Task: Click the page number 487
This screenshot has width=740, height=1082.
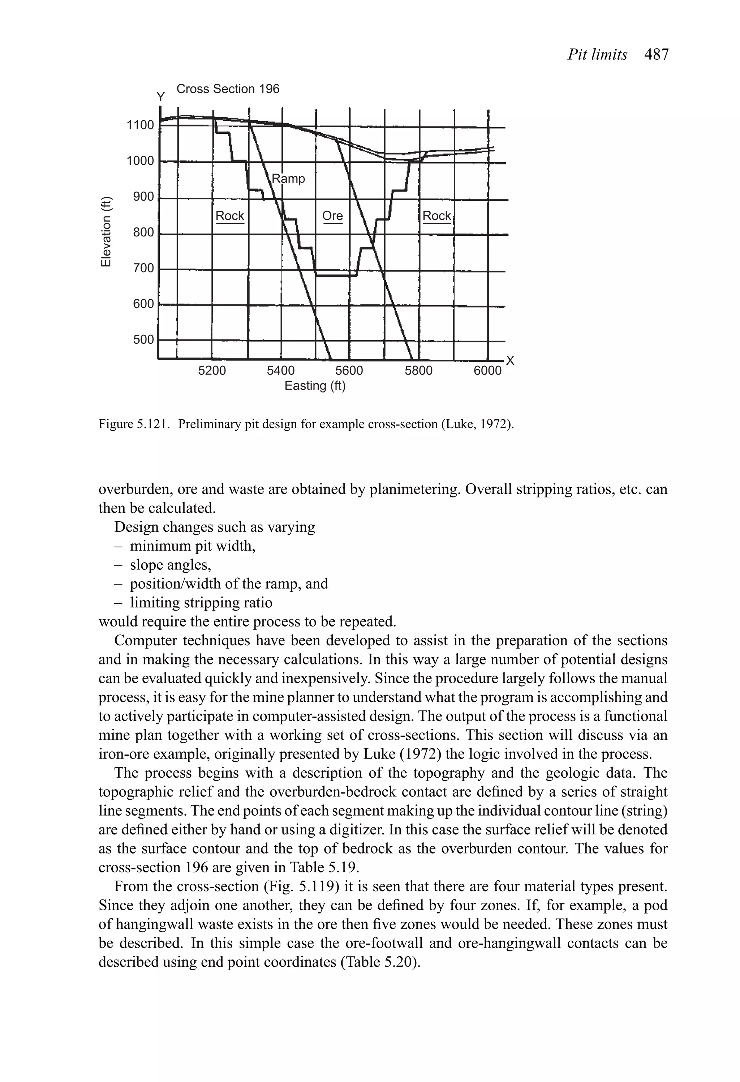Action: [x=656, y=55]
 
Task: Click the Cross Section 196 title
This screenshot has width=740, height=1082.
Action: [x=228, y=89]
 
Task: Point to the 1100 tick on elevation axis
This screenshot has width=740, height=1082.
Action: [x=140, y=125]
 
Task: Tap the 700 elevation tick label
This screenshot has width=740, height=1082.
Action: [x=143, y=268]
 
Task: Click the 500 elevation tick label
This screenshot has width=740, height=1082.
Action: [x=143, y=339]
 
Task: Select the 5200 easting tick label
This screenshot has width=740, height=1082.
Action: [x=212, y=371]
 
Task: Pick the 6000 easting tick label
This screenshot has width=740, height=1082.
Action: [x=487, y=371]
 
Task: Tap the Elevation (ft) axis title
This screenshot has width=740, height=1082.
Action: [x=107, y=232]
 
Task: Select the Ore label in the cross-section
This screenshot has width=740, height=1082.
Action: [x=332, y=215]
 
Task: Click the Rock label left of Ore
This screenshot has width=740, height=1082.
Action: [x=230, y=215]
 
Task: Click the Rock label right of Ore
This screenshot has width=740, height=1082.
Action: [x=436, y=215]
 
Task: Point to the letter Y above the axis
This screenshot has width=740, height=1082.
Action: [x=160, y=97]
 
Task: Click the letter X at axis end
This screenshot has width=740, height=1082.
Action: [x=510, y=361]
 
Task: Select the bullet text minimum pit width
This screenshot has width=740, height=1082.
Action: [x=193, y=546]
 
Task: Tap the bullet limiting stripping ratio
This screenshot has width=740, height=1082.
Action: [x=201, y=602]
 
